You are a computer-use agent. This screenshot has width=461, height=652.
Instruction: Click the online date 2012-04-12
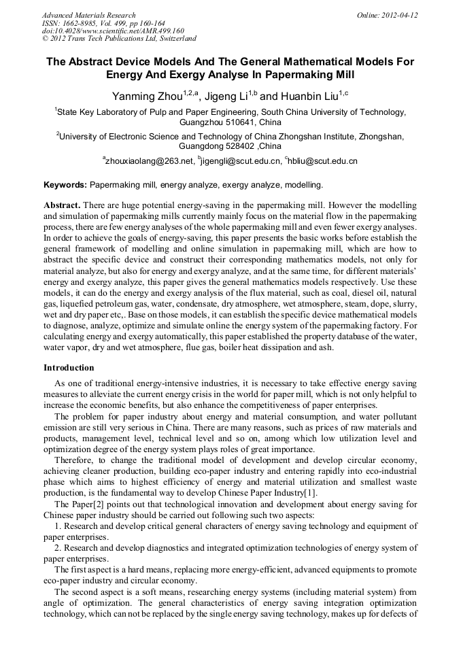point(398,15)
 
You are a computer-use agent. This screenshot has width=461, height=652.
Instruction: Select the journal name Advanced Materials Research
point(89,15)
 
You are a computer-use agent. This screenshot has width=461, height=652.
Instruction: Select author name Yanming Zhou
point(146,95)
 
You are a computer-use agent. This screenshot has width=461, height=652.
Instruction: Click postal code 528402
point(239,146)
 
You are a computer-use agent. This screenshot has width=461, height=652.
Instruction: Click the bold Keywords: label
point(65,185)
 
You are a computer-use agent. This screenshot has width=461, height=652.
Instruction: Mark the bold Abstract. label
point(63,205)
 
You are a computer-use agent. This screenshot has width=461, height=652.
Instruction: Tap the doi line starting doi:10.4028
point(113,31)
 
